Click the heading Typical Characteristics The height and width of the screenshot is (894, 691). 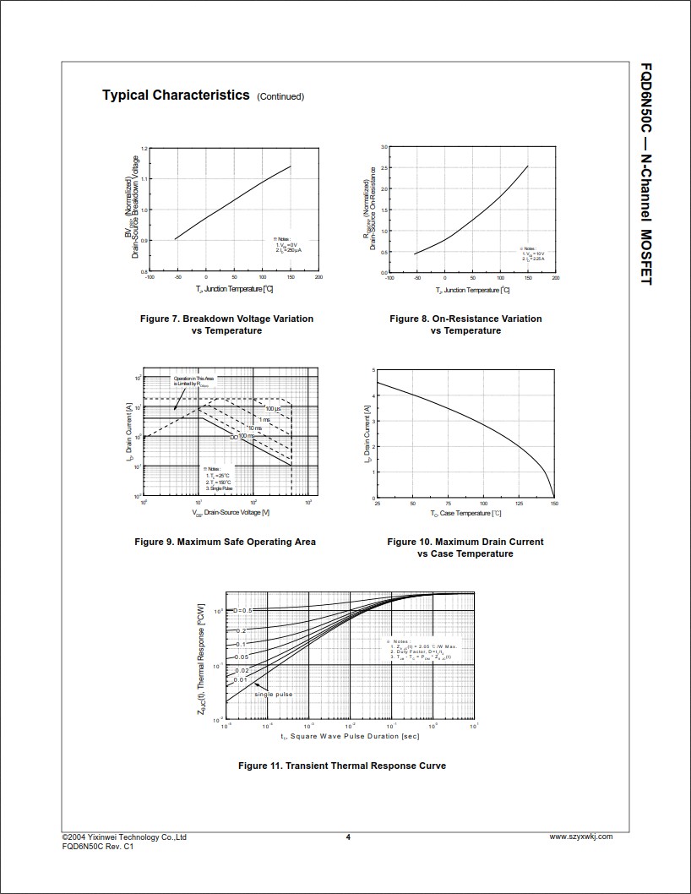(176, 95)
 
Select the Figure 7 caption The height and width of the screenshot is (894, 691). (226, 324)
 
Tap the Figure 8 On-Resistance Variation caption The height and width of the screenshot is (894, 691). (465, 324)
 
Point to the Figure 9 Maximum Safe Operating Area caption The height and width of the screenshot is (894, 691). (225, 542)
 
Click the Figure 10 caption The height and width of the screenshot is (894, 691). (465, 548)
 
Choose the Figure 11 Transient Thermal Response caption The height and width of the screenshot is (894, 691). (342, 766)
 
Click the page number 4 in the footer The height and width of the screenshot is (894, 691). (348, 837)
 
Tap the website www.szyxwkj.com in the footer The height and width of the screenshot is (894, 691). (580, 837)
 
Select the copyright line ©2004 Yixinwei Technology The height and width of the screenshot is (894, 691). (124, 837)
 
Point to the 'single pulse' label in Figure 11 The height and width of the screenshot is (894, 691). (273, 694)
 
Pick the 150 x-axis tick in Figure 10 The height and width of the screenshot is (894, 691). (554, 504)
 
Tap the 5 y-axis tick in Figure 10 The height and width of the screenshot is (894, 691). (373, 370)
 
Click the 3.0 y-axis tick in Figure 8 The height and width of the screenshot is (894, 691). (384, 147)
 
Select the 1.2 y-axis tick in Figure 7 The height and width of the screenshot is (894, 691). (144, 149)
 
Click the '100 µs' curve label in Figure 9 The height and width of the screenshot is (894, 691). (272, 409)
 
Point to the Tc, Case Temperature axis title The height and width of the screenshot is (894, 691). (465, 513)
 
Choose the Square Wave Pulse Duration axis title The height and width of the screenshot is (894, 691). (350, 737)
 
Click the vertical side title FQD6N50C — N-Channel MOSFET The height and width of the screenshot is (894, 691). (646, 173)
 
